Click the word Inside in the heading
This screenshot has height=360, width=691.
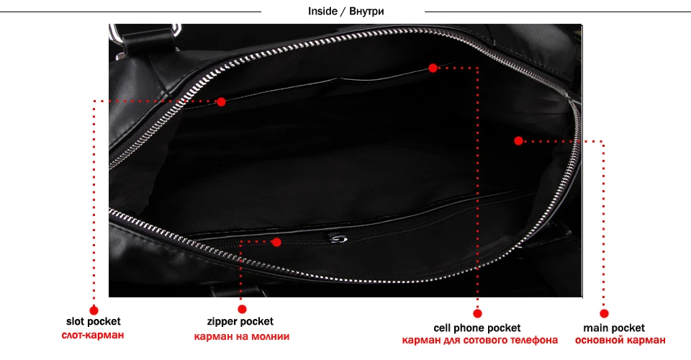322,12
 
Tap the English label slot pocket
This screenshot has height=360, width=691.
94,322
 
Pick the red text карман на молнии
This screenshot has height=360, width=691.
242,336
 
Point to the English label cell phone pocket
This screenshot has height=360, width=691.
477,328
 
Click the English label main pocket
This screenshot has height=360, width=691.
605,328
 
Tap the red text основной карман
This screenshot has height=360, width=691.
605,341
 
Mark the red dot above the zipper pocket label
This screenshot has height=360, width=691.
242,309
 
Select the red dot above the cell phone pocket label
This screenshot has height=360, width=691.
477,313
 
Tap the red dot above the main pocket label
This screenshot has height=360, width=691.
605,313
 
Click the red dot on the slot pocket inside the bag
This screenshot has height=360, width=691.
221,102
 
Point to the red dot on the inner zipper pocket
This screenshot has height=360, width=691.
276,242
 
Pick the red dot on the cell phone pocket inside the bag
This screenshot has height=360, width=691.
433,68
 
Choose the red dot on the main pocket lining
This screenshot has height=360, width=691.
518,140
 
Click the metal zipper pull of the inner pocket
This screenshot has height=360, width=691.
338,238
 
